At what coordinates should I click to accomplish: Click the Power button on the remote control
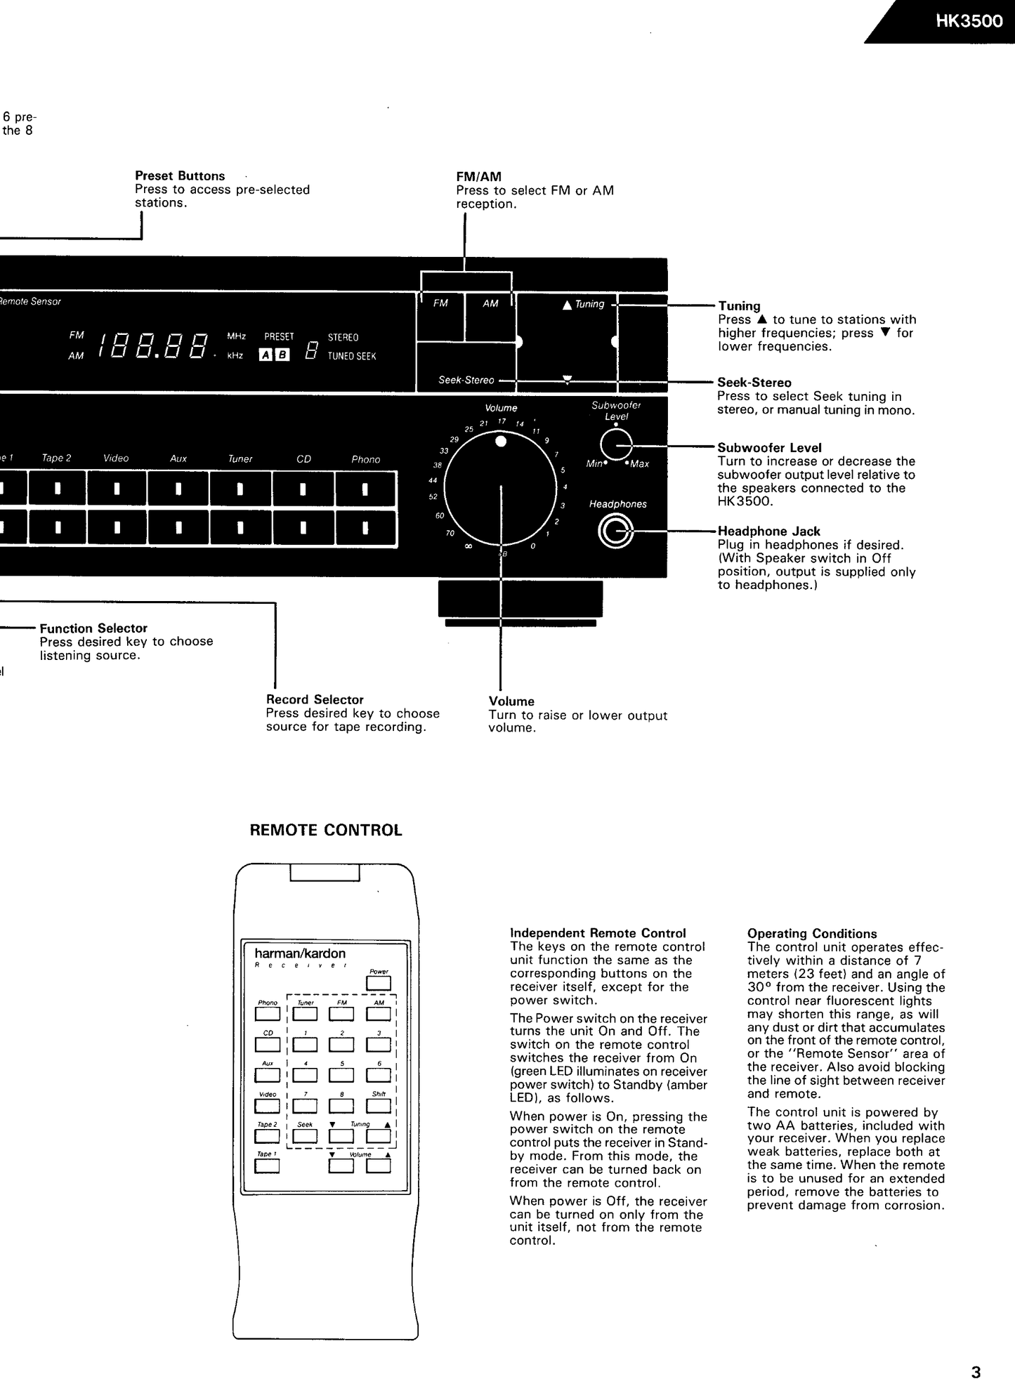(379, 984)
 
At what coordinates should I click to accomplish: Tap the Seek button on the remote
(305, 1135)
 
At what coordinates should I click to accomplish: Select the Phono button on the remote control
(267, 1014)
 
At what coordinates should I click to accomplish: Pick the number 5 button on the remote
(341, 1075)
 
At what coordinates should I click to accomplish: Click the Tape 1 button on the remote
(267, 1166)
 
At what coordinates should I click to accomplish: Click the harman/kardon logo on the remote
(300, 953)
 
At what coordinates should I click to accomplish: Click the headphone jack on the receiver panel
(615, 532)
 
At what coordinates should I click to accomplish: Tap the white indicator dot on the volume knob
(501, 442)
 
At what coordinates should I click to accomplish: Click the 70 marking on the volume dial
(450, 534)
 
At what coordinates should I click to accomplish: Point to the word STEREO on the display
(343, 338)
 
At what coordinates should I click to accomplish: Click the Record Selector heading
(315, 699)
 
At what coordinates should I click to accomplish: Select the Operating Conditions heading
(812, 934)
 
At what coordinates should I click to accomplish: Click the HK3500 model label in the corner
(969, 21)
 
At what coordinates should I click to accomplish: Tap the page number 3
(976, 1372)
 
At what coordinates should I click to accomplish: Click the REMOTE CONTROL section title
(326, 831)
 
